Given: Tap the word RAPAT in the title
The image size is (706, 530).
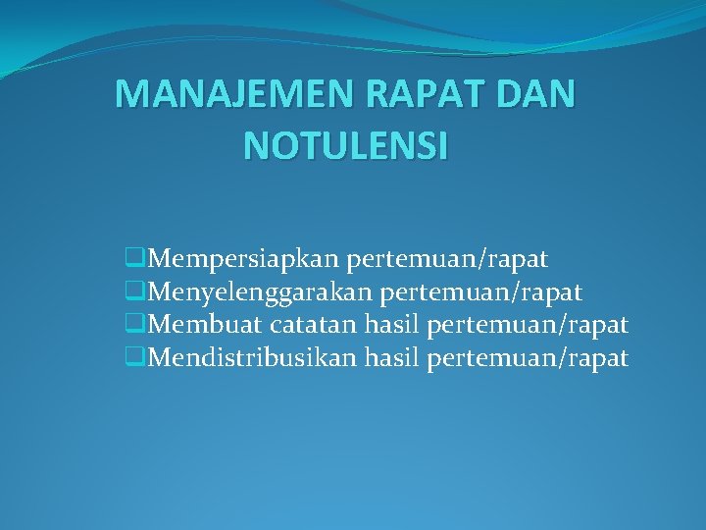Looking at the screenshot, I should pyautogui.click(x=432, y=94).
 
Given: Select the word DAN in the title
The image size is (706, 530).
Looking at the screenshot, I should pyautogui.click(x=539, y=94).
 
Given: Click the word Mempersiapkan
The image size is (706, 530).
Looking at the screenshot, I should pyautogui.click(x=244, y=260).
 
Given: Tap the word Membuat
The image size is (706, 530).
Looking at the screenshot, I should pyautogui.click(x=205, y=325).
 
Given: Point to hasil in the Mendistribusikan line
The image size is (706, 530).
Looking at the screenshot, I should pyautogui.click(x=392, y=357).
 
